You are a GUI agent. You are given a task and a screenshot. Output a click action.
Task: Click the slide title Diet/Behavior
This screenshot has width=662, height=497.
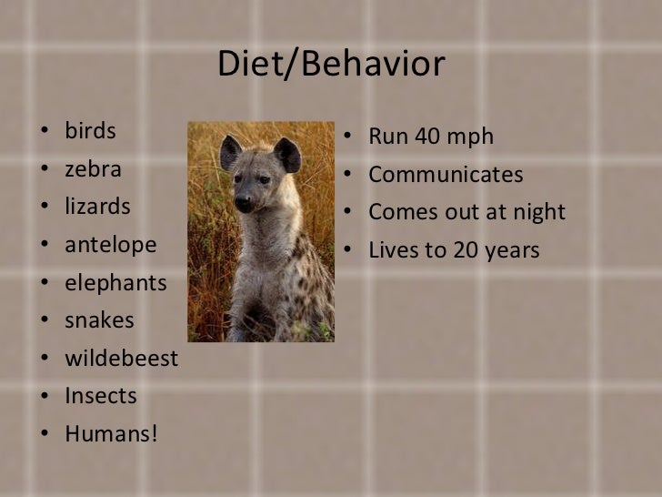tap(331, 65)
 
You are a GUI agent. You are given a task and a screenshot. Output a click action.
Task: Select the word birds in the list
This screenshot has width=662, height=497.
tap(90, 131)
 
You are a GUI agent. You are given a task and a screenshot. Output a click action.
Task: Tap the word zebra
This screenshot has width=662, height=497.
tap(93, 169)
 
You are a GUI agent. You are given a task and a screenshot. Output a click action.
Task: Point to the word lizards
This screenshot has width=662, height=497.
tap(97, 207)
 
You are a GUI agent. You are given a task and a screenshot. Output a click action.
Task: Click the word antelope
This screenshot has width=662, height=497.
tap(110, 245)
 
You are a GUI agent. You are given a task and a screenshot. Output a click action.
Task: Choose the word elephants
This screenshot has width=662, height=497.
tap(115, 283)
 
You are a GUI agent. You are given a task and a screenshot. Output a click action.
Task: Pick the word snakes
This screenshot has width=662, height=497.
tap(99, 320)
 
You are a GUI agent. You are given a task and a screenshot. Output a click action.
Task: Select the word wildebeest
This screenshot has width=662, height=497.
tap(121, 359)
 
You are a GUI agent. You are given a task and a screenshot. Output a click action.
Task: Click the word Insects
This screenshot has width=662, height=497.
tap(100, 397)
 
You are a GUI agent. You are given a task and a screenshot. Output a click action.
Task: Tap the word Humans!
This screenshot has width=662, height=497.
tap(111, 434)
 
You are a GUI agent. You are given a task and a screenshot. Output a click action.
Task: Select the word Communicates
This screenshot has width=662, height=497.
tap(446, 175)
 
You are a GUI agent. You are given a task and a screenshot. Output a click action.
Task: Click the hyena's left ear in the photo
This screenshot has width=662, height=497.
tap(230, 151)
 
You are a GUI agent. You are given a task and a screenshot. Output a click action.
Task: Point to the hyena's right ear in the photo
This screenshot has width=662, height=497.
tap(287, 154)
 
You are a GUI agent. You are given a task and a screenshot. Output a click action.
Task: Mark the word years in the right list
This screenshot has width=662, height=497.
tap(512, 250)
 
